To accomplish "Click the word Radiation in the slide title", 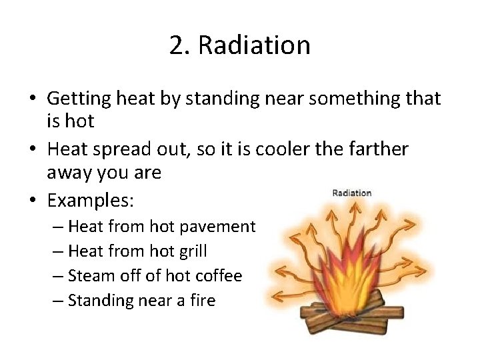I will pos(254,45).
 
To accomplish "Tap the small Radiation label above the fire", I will pos(351,193).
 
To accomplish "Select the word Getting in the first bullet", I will pos(79,99).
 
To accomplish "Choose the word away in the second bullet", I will pos(68,173).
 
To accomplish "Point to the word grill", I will pos(192,251).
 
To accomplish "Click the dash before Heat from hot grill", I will pos(57,251).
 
